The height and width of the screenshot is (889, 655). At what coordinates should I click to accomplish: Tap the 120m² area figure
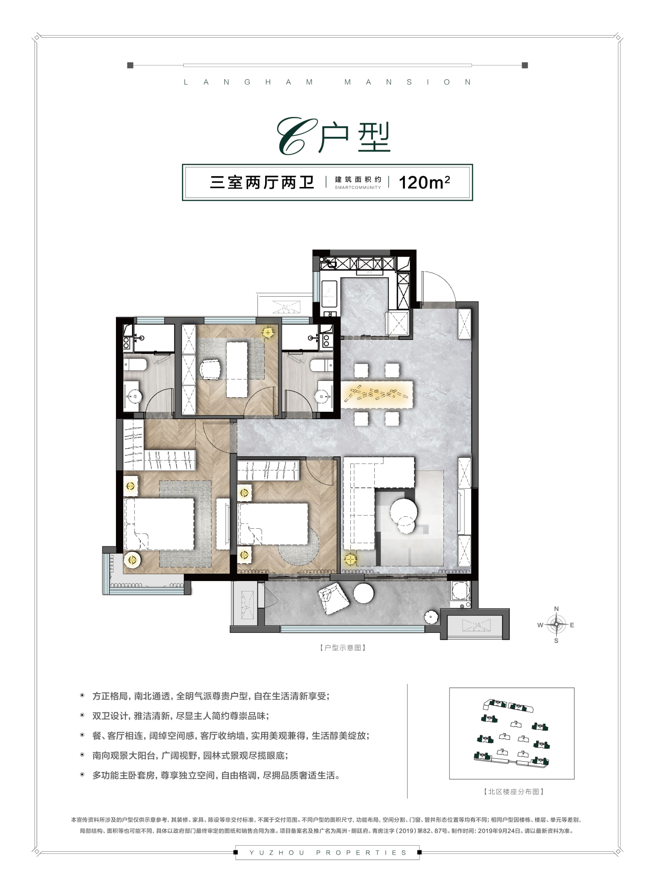424,182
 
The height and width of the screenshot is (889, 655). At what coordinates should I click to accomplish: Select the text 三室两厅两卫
262,182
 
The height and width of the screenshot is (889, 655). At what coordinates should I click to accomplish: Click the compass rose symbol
556,625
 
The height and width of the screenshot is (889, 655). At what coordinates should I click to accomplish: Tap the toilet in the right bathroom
322,365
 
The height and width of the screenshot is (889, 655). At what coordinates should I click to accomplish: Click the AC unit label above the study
286,307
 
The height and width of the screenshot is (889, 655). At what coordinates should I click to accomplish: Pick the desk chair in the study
210,369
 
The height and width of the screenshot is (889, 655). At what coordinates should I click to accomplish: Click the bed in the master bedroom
159,524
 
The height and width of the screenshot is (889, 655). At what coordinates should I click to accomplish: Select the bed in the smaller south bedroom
273,524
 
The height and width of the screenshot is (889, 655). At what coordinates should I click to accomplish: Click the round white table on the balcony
363,593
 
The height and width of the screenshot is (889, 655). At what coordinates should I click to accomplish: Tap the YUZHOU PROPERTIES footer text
327,853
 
